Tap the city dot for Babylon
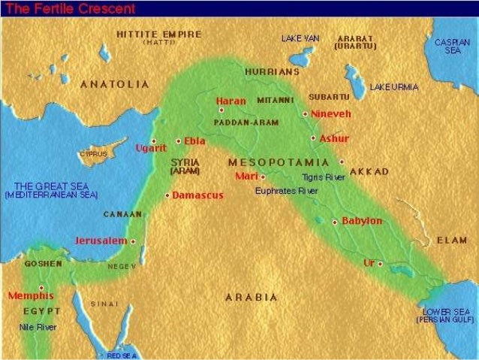tap(335, 222)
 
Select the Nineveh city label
tap(330, 113)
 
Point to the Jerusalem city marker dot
tap(133, 242)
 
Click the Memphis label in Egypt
tap(31, 295)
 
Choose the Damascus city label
tap(198, 195)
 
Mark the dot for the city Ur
tap(380, 264)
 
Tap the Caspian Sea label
tap(452, 46)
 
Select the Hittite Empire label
tap(159, 35)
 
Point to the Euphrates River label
tap(286, 191)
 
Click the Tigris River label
tap(324, 177)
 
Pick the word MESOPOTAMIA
tap(278, 162)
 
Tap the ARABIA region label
tap(252, 297)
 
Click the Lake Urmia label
tap(394, 87)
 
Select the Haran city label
tap(230, 101)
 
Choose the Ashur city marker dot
tap(313, 138)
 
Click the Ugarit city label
tap(151, 148)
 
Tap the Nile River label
tap(38, 327)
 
